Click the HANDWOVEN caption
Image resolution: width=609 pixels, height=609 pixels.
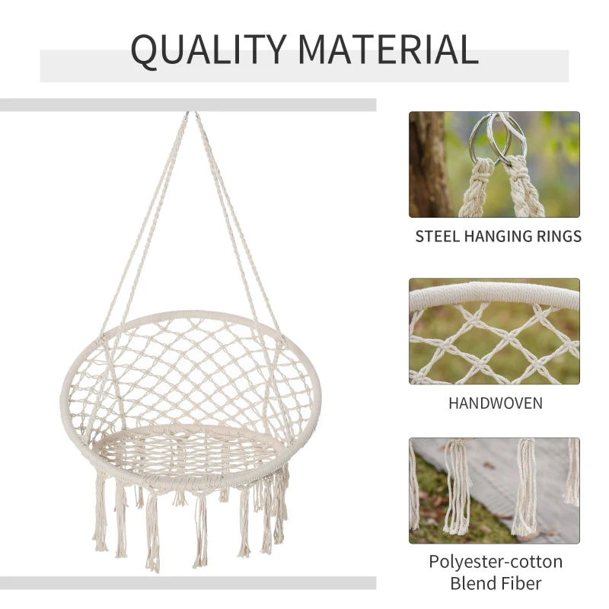(x=495, y=403)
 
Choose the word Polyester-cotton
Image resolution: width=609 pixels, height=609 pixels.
(x=495, y=562)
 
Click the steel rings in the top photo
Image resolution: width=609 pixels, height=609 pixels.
(x=494, y=137)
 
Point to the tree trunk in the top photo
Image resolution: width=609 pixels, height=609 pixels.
(x=427, y=164)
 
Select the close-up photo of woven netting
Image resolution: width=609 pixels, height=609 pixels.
(x=494, y=331)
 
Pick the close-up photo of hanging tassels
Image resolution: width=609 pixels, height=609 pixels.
(x=494, y=490)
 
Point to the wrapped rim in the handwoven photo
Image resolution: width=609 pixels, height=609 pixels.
(x=494, y=295)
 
